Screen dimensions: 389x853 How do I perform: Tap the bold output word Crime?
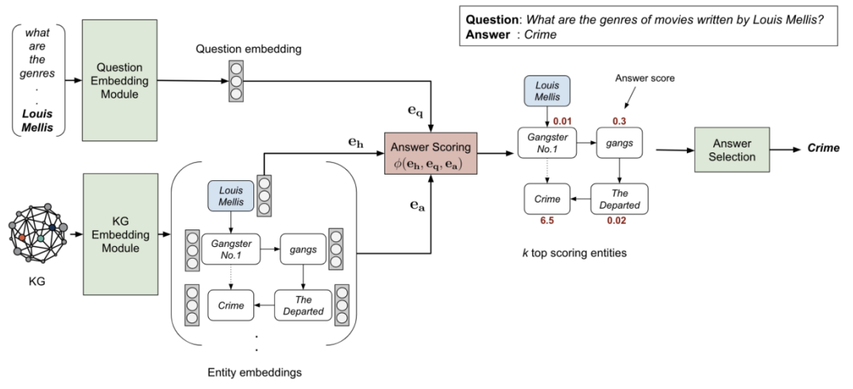823,148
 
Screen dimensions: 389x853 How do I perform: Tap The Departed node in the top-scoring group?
619,198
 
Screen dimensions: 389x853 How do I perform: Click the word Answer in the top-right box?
485,35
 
